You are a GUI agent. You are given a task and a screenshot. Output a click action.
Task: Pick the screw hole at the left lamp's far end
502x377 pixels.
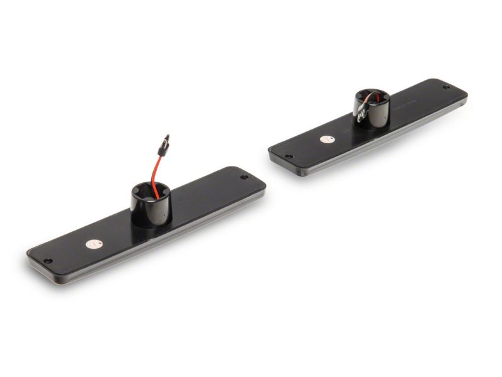tap(244, 178)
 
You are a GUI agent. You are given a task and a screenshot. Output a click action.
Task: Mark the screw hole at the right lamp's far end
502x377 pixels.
tap(446, 87)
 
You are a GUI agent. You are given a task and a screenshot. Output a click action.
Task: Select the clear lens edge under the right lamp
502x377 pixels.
tap(376, 141)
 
